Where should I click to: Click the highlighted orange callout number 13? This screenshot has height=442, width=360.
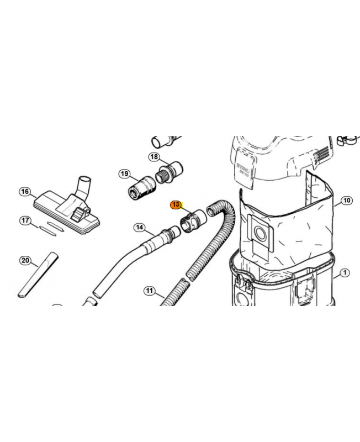(x=176, y=204)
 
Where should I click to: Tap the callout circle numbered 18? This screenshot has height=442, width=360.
(x=154, y=157)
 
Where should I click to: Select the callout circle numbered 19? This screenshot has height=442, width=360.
(x=124, y=174)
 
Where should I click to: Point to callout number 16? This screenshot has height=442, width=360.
(x=25, y=192)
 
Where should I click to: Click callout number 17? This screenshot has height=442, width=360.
(x=25, y=220)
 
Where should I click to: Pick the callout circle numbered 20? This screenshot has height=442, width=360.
(x=25, y=260)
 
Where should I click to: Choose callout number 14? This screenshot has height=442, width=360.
(x=139, y=227)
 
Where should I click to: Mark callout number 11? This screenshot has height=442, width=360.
(x=149, y=290)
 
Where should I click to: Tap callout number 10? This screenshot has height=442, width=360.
(x=346, y=201)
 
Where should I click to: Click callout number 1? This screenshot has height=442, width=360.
(x=345, y=272)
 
